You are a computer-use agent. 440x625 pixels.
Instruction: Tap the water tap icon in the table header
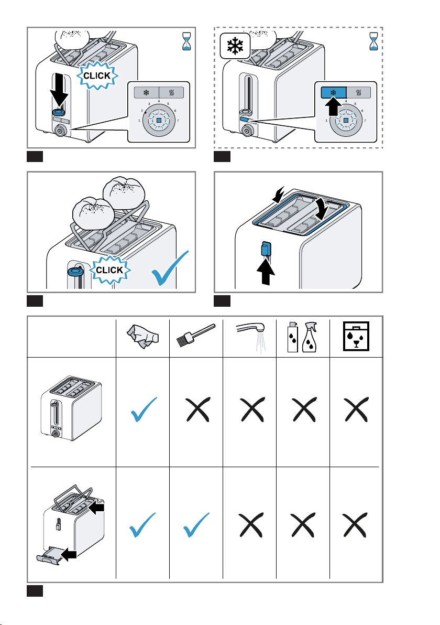pyautogui.click(x=249, y=333)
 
